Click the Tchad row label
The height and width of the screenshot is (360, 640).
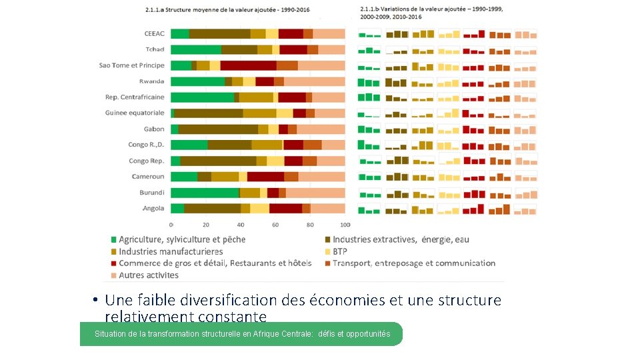pos(155,49)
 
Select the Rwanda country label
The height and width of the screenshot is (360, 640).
pos(151,81)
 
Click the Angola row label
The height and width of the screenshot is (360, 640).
pos(153,209)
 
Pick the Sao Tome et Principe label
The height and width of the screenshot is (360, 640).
pos(131,65)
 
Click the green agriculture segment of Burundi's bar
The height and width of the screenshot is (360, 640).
pos(205,193)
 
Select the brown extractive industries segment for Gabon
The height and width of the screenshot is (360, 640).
pos(218,129)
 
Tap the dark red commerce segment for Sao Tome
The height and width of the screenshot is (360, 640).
pos(248,65)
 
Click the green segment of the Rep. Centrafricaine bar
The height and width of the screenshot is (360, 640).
pos(202,97)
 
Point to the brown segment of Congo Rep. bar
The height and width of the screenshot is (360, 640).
pos(218,161)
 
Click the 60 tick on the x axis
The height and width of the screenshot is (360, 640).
pos(275,225)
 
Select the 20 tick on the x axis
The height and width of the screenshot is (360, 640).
pos(205,225)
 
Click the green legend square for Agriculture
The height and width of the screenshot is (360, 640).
pos(114,239)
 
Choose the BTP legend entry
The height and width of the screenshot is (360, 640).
pos(340,251)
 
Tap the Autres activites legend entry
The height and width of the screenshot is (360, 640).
pos(148,275)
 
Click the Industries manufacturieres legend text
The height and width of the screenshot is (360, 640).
pos(171,251)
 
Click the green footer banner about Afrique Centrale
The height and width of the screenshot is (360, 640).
pos(241,334)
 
